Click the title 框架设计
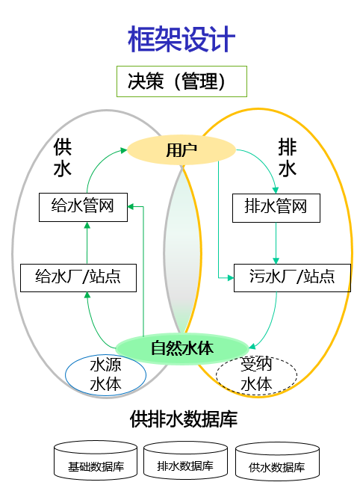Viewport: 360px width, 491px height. tap(181, 39)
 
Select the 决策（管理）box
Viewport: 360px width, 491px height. tap(181, 81)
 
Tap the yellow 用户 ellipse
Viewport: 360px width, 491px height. tap(181, 150)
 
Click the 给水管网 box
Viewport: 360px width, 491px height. tap(83, 207)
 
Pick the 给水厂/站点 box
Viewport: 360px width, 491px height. tap(78, 278)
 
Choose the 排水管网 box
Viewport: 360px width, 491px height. tap(276, 208)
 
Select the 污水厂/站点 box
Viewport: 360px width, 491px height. tap(292, 278)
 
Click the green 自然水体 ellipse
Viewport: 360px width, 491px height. tap(182, 348)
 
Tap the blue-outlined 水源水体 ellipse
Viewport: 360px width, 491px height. tap(105, 375)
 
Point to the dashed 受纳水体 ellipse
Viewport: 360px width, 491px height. tap(256, 375)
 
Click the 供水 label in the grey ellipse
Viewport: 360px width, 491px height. tap(63, 158)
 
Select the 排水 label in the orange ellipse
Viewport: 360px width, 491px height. tap(287, 158)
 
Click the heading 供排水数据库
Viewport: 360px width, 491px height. tap(184, 419)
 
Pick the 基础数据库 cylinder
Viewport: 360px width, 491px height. tap(96, 460)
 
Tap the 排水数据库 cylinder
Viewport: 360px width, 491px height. tap(185, 460)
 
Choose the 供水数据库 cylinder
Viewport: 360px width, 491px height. tap(277, 461)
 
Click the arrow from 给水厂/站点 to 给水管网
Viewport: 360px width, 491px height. tap(87, 243)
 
